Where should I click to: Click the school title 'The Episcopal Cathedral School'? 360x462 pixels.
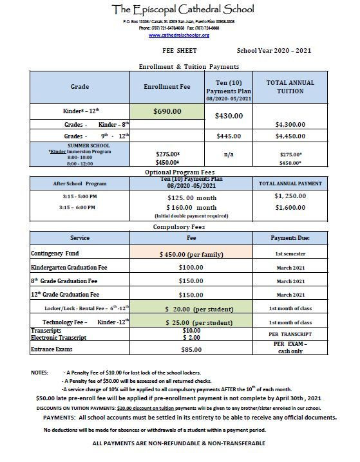tap(183, 9)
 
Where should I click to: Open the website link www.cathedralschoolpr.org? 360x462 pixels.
tap(183, 35)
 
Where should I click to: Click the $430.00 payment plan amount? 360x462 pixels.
tap(228, 116)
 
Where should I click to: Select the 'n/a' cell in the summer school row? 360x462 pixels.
tap(228, 154)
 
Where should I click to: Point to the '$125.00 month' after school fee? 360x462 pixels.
tap(191, 198)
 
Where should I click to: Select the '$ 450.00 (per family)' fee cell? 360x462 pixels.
tap(191, 255)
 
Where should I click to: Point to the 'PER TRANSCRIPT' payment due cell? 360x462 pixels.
tap(290, 335)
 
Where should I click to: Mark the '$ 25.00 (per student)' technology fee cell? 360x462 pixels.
tap(191, 322)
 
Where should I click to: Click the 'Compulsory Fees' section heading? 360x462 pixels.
tap(180, 227)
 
